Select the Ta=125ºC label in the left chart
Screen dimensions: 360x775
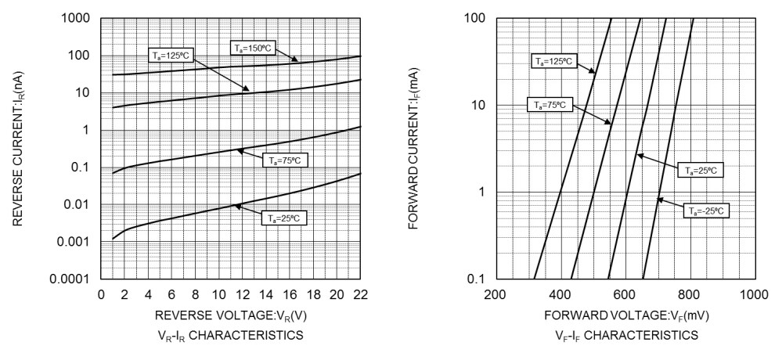point(170,56)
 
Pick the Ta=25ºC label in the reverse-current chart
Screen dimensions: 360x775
point(284,218)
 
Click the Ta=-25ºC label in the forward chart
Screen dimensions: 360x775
point(705,211)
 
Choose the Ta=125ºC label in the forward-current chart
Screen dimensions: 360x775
point(553,61)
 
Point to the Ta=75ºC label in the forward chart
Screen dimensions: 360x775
point(550,103)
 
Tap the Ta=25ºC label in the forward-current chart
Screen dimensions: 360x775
point(701,170)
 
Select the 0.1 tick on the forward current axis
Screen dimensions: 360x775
point(477,279)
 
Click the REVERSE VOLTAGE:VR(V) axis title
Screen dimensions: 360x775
point(230,319)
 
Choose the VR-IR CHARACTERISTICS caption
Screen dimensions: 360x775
point(230,337)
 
